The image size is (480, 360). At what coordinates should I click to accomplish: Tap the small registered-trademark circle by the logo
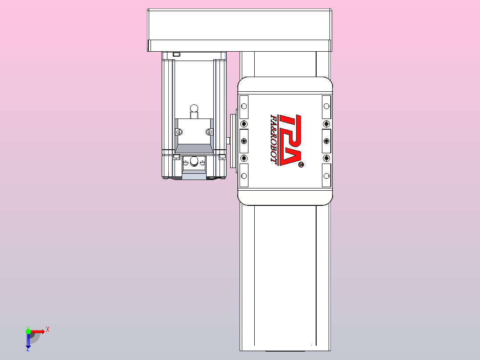click(301, 165)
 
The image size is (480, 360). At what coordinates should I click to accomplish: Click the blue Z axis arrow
click(28, 341)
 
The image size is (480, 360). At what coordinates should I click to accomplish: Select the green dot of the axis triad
click(28, 331)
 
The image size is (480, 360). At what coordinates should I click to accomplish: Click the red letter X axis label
click(47, 330)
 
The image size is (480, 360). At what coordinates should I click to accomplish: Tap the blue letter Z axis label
click(28, 349)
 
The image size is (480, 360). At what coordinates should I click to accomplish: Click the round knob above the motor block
click(194, 108)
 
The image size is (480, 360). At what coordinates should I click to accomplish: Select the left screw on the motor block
click(179, 131)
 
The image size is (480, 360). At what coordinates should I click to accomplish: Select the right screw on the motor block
click(209, 131)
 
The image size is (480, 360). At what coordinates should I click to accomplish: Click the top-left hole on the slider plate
click(244, 106)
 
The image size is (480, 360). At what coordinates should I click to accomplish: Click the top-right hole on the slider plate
click(326, 106)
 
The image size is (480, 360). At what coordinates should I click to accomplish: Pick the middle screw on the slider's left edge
click(244, 141)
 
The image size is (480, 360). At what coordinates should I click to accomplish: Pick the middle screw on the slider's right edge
click(326, 141)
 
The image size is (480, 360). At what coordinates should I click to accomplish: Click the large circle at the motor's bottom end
click(194, 161)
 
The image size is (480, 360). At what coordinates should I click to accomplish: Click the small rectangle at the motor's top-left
click(176, 54)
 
